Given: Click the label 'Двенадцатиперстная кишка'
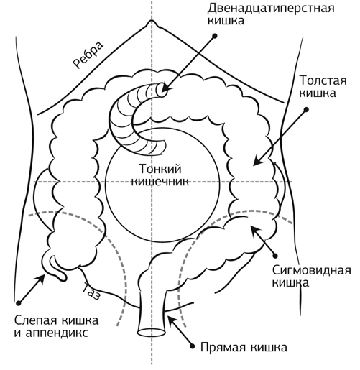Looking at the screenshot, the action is pos(271,14).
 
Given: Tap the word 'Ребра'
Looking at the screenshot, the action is pos(88,55).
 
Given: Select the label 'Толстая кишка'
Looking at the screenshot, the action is pos(323,86).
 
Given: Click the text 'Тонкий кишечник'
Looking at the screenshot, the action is pos(160,175).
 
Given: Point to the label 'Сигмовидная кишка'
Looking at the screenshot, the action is pos(311,277).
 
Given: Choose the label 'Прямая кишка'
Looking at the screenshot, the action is pos(244,347).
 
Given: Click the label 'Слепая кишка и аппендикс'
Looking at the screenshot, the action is pos(56,327).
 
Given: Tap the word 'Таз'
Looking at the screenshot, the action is pos(91,291).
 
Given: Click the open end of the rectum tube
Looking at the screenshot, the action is pos(152,333).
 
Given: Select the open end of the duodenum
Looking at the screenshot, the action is pos(162,90).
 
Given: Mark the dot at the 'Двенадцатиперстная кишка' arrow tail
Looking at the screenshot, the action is pos(215,36).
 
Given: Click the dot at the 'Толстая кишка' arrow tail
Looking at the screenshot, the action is pos(306,110).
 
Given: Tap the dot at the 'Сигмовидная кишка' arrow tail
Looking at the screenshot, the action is pos(275,256).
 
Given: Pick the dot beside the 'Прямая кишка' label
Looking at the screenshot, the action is pos(192,346).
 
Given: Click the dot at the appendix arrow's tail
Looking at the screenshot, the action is pos(19,303).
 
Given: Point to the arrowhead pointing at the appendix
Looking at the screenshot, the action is pos(40,279).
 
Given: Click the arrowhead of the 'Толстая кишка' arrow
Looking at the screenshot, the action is pos(258,160).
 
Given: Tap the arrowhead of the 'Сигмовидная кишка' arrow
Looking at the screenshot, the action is pos(254,229).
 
